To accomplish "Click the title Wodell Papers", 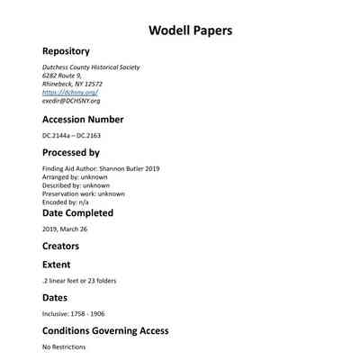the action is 190,31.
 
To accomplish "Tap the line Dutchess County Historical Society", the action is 91,67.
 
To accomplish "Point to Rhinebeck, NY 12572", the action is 72,84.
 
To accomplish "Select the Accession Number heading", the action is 83,119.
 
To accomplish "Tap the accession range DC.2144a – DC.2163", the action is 76,136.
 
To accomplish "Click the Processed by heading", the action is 71,153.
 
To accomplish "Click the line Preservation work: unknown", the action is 84,193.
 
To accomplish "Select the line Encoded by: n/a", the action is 66,202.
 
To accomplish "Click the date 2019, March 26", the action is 66,229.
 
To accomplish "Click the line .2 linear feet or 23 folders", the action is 79,280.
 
